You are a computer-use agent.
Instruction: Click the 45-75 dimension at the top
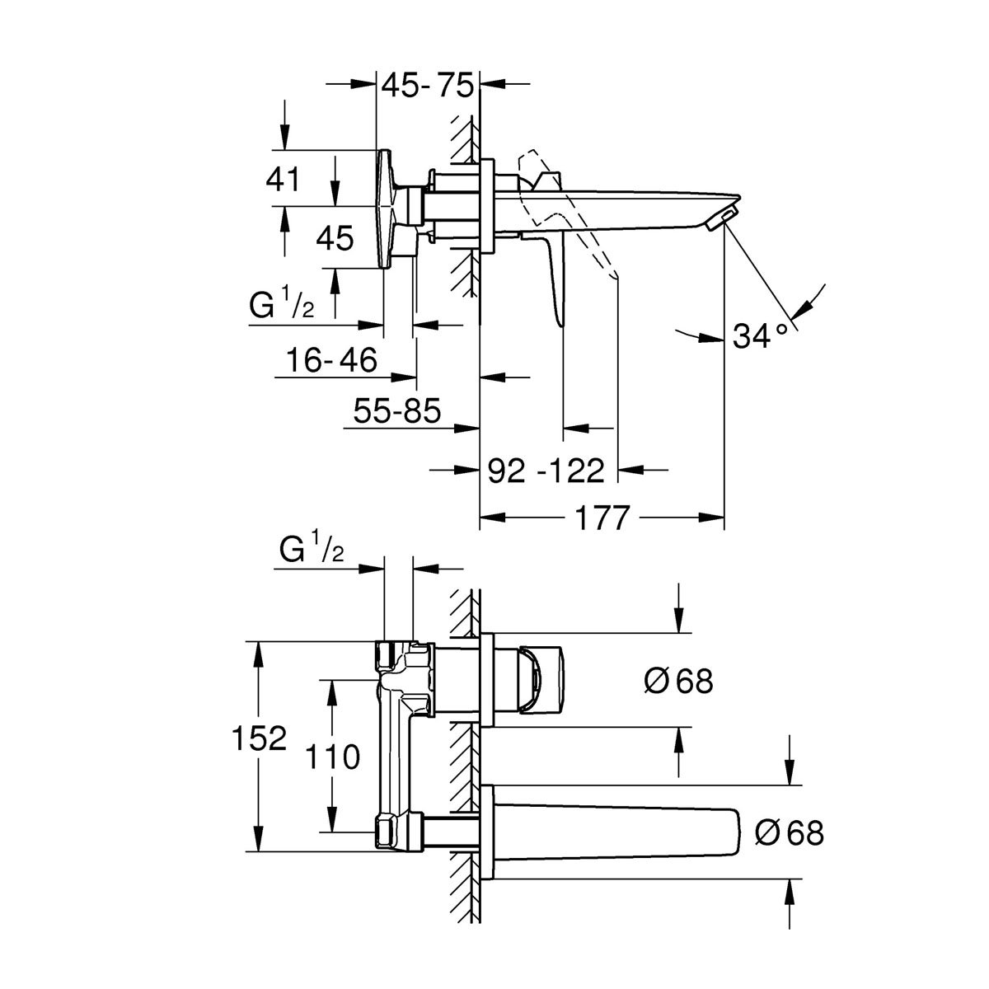[428, 86]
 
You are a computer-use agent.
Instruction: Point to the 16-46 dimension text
[332, 359]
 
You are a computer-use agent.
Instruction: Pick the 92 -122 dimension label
[546, 471]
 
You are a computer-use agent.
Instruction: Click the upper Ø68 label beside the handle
[678, 681]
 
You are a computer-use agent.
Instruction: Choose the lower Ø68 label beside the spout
[790, 832]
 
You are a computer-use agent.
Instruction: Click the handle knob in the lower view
[540, 679]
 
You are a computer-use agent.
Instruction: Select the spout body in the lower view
[626, 832]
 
